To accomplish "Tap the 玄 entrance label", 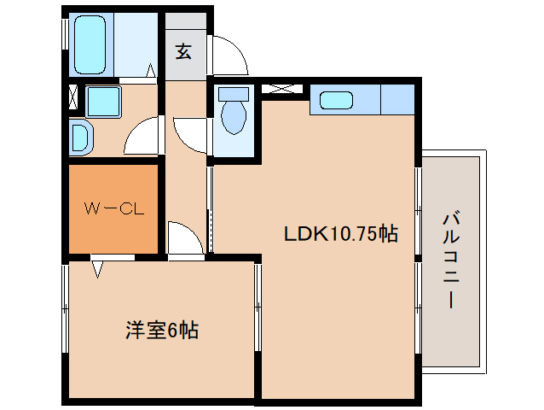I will coord(183,51).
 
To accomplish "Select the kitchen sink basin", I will coord(335,100).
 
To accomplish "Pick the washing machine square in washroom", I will coord(103,102).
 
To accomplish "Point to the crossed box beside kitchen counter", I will coord(282,88).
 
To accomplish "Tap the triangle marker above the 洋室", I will coord(98,270).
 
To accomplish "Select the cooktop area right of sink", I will coord(396,100).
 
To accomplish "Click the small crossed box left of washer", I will coord(71,97).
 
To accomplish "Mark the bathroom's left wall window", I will coord(64,35).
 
